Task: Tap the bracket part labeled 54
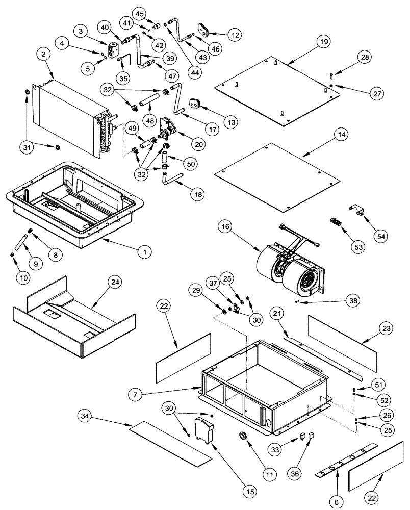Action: (358, 211)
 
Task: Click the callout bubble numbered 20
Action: (199, 144)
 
